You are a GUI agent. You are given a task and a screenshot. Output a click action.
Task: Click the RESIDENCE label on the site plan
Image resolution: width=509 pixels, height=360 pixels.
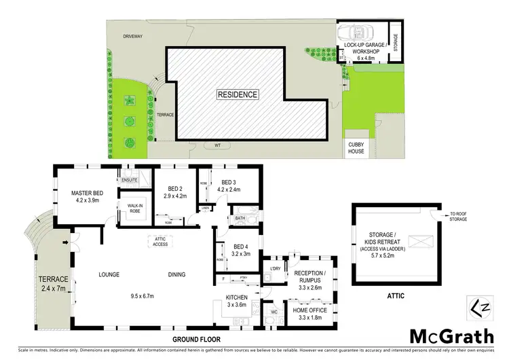[x=237, y=94]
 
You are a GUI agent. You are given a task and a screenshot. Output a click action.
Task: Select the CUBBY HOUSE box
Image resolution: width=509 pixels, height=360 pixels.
[x=356, y=147]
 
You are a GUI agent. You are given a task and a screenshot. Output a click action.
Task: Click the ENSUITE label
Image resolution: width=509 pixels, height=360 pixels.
[x=129, y=181]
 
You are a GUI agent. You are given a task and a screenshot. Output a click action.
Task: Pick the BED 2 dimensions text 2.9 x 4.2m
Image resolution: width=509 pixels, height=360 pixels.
[x=174, y=196]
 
